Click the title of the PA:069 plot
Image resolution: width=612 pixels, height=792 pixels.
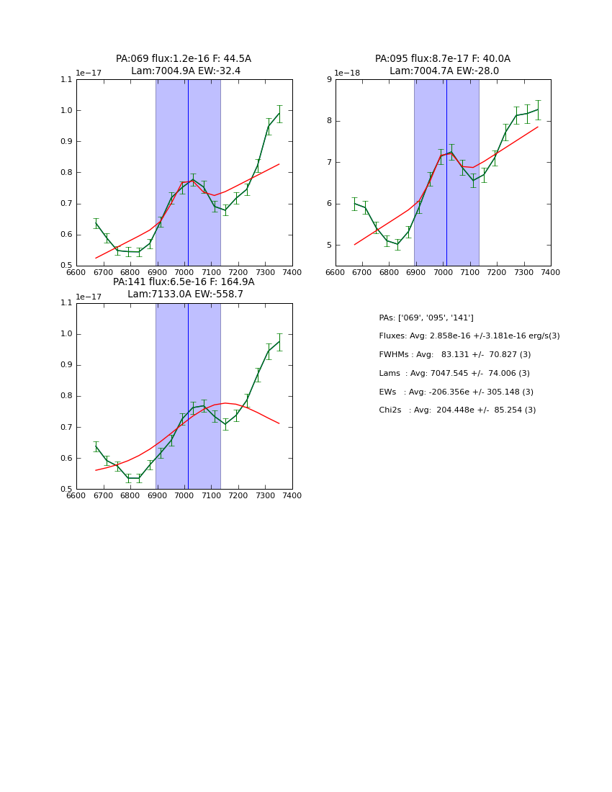coord(184,65)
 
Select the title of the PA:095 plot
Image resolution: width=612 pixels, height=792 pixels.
coord(443,65)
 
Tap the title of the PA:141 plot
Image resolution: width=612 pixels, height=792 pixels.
coord(184,288)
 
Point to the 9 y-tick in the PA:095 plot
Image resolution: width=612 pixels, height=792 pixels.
coord(329,80)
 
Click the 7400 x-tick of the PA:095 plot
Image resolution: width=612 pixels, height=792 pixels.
coord(551,272)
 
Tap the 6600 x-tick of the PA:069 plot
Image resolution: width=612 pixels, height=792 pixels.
coord(76,272)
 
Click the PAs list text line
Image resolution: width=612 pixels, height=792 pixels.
coord(426,318)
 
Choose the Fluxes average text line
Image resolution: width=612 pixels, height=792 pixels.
coord(469,336)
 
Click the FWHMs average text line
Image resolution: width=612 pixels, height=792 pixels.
coord(454,355)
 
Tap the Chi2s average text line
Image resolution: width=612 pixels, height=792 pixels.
coord(457,410)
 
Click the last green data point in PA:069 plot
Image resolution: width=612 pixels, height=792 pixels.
coord(279,113)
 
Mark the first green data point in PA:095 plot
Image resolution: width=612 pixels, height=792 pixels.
coord(354,204)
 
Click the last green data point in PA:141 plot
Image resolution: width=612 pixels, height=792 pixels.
coord(279,341)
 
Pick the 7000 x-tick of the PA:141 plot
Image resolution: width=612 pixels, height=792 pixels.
coord(184,496)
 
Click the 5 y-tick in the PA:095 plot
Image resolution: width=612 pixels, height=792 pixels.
coord(329,246)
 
